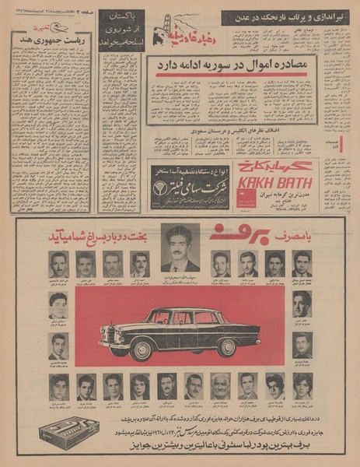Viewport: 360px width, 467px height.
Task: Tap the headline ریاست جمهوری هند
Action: coord(52,44)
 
